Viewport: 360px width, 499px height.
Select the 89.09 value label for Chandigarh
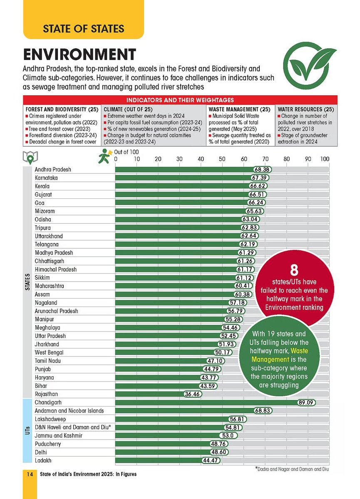307,403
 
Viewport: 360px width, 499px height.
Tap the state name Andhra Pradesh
53,170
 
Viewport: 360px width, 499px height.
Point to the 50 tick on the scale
222,159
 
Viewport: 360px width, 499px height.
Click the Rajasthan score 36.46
193,394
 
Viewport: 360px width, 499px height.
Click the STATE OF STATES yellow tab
83,29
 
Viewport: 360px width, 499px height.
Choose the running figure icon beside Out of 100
104,157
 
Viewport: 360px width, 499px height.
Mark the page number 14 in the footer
30,474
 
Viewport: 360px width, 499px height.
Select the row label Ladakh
44,460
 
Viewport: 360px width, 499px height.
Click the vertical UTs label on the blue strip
27,430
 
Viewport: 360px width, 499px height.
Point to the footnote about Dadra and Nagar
292,469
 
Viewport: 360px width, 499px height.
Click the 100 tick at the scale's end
325,159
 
